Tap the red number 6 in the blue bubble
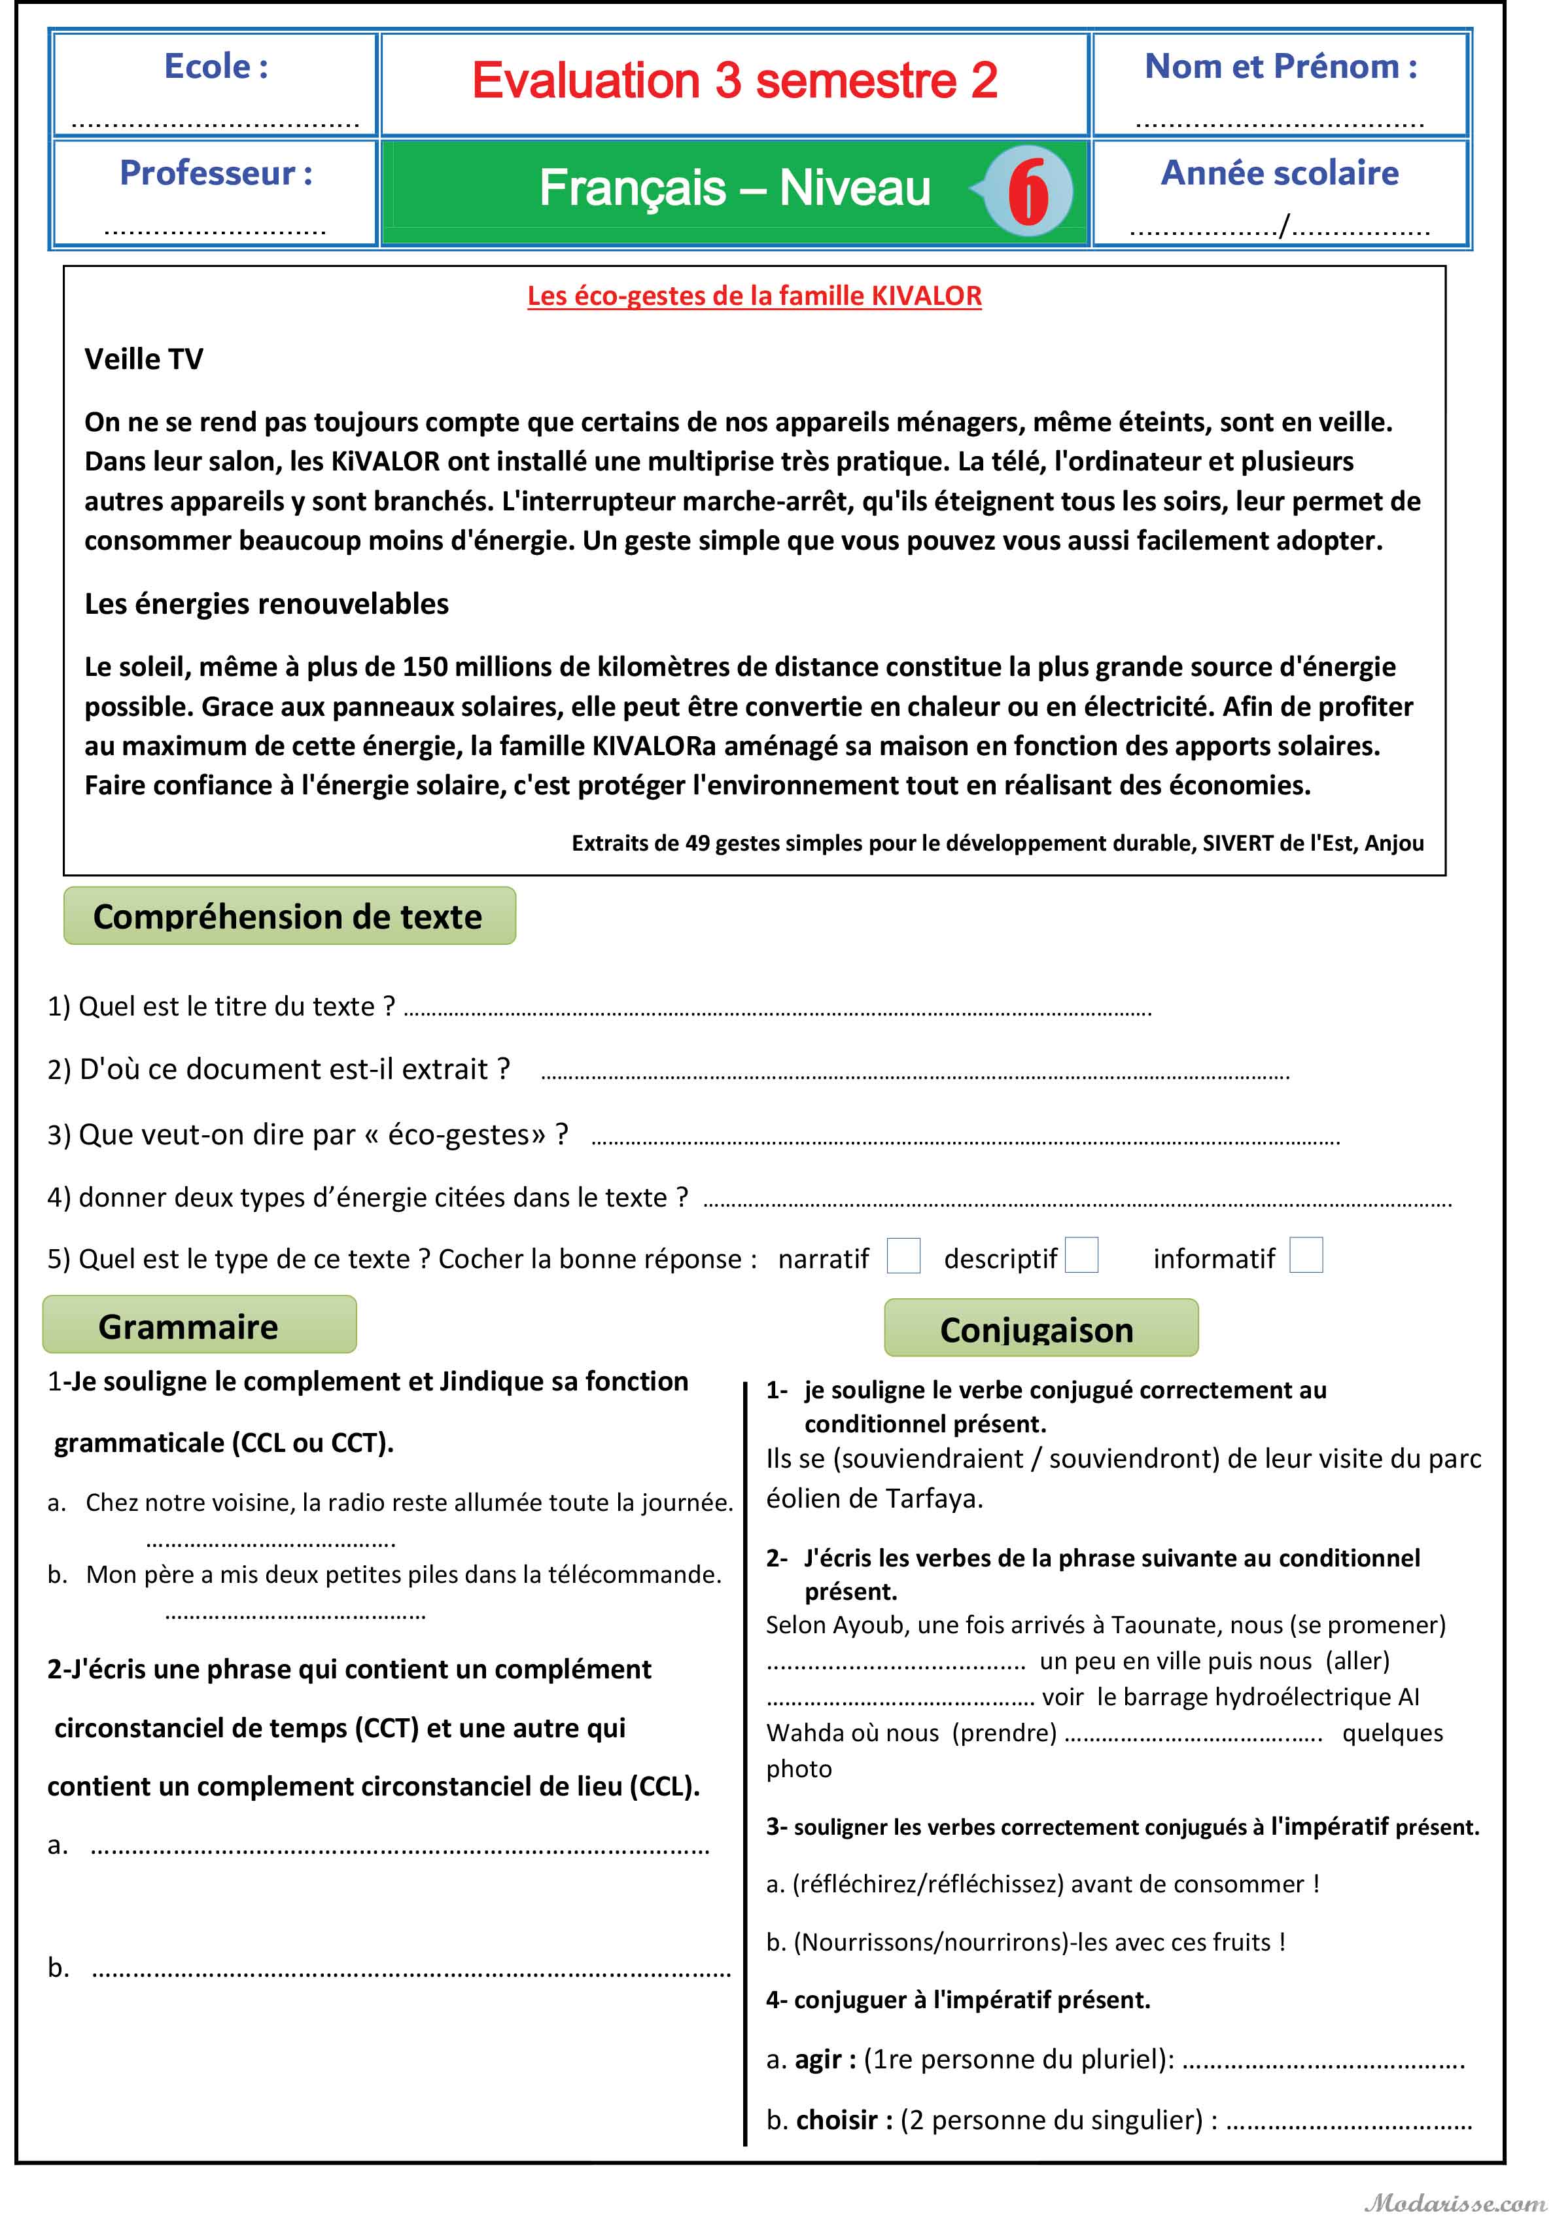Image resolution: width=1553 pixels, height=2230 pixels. tap(1028, 191)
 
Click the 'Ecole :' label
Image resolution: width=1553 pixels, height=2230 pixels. tap(216, 66)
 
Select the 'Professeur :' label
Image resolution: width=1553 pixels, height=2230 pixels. tap(216, 173)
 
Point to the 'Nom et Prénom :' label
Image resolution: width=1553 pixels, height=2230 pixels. tap(1280, 66)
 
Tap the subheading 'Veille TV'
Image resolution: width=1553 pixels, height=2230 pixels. tap(144, 359)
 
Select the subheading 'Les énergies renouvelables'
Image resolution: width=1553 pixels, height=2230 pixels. tap(266, 603)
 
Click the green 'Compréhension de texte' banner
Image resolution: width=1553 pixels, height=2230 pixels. tap(288, 916)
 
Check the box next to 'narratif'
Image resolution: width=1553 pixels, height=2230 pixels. tap(903, 1256)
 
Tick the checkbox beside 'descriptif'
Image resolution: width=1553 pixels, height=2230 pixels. tap(1081, 1255)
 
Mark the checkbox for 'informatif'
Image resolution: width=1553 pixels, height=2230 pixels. tap(1305, 1255)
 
